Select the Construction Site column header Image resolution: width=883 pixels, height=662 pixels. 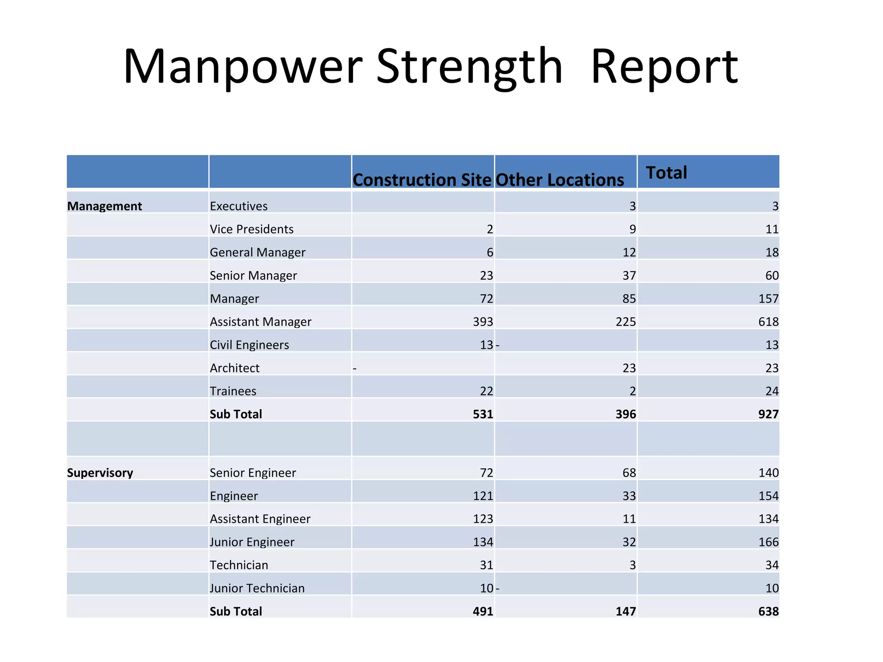[422, 180]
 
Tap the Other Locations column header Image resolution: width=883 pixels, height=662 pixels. [560, 180]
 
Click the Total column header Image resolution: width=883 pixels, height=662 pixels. [666, 172]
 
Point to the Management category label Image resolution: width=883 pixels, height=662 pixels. [104, 206]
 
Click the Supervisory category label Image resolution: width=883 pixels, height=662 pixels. [100, 473]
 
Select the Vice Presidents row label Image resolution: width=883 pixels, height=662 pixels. [251, 229]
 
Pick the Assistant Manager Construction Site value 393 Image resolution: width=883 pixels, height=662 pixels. [482, 322]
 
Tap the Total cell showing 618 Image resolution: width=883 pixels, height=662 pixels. [768, 322]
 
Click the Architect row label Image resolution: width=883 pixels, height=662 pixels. [235, 368]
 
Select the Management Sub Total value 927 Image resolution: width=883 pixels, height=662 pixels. [768, 414]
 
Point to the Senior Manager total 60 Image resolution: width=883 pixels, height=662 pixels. [772, 275]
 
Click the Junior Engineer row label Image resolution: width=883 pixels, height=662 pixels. [252, 542]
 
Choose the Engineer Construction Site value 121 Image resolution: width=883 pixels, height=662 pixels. [482, 496]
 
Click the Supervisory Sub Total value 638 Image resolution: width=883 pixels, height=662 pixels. [768, 612]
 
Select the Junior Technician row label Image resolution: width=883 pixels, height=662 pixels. [257, 588]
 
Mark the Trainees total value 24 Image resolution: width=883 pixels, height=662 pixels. [772, 391]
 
